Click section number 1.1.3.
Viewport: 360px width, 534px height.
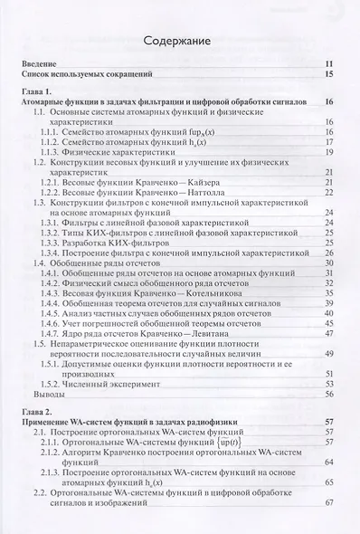click(x=53, y=154)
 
